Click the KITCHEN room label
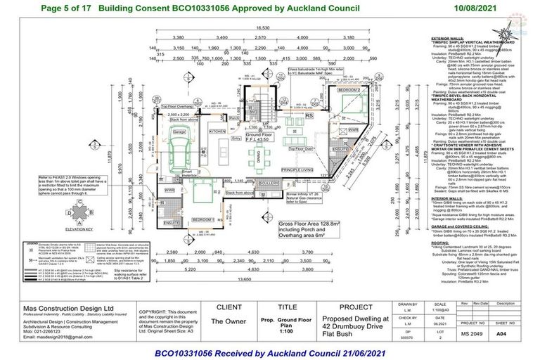(217, 131)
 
